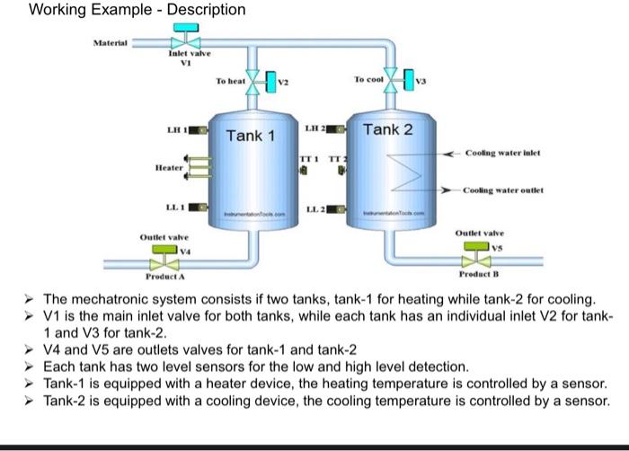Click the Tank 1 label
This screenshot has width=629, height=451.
coord(250,136)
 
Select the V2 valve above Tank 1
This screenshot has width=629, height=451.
coord(253,83)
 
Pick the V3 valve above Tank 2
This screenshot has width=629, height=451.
coord(392,79)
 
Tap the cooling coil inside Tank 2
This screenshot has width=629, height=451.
coord(398,172)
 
